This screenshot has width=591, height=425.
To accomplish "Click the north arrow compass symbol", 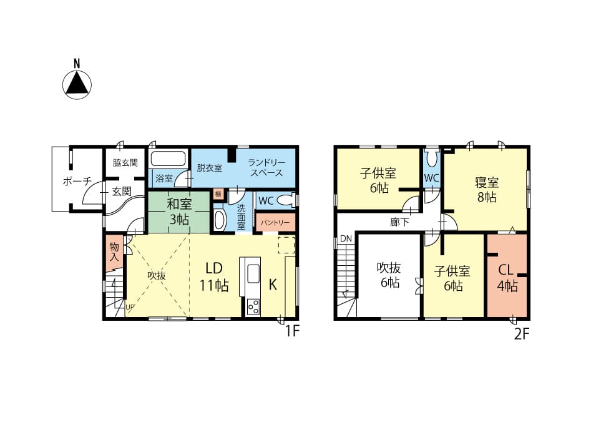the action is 77,84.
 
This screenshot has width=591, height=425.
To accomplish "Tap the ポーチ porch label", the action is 77,181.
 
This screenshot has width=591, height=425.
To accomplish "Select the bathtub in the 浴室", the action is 169,159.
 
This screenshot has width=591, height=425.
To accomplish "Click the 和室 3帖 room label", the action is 179,212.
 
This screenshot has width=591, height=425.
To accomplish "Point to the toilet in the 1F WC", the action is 286,200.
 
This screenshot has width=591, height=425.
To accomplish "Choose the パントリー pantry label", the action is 275,223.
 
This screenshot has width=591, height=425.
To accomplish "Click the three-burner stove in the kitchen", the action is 253,306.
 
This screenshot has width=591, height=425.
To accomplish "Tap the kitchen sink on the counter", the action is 253,273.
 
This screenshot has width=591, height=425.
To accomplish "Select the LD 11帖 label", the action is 213,277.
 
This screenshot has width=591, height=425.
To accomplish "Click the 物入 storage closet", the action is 114,252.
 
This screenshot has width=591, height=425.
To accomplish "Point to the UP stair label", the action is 130,307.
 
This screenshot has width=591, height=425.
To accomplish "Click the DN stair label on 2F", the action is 346,238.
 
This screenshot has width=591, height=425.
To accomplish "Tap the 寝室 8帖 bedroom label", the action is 487,190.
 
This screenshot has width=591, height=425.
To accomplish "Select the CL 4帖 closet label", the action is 507,278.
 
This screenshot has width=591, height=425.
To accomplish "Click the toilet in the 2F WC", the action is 432,159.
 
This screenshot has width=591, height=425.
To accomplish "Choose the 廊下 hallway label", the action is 399,222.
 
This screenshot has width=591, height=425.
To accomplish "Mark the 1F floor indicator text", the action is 291,331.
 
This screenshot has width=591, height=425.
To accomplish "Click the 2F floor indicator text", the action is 522,333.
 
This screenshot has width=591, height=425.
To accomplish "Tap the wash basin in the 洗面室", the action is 220,220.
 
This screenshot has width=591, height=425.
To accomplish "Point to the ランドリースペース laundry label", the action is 266,168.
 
